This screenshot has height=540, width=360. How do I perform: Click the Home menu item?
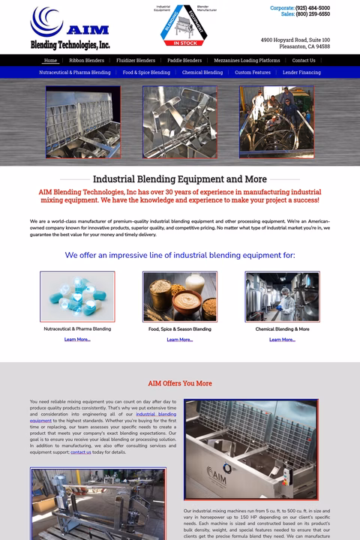50,61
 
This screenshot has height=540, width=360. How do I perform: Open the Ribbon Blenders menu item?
86,61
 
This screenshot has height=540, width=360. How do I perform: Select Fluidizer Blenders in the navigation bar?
136,61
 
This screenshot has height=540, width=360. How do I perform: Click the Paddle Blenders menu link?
184,61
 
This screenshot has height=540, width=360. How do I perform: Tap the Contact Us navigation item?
304,61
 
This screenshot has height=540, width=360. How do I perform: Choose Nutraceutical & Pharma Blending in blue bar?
75,73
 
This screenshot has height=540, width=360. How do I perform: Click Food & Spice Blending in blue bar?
146,73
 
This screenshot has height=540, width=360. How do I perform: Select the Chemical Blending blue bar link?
202,73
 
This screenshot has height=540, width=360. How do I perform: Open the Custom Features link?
252,73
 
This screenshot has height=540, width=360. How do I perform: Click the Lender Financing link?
301,73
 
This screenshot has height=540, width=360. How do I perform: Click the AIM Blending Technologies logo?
71,28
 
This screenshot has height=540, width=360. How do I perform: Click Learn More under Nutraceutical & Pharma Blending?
77,340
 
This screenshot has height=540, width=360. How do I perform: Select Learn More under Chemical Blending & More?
282,340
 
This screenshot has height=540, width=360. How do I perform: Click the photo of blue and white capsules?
77,297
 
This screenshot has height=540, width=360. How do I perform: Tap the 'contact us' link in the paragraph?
81,452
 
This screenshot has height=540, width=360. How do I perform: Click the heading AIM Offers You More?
180,383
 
